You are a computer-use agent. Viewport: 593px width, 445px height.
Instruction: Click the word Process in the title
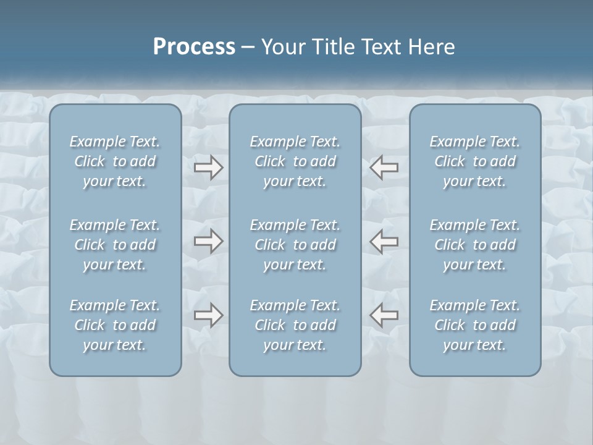pos(194,47)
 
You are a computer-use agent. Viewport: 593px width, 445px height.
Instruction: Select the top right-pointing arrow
pos(209,167)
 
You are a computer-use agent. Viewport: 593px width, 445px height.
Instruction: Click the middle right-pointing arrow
pos(209,241)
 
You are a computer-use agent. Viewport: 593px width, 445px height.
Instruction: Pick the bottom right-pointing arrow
pos(209,315)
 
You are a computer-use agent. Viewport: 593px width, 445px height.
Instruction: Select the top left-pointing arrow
pos(384,167)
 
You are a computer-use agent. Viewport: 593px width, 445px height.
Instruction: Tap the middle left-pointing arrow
pos(384,241)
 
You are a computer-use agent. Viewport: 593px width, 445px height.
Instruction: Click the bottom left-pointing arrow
pos(384,315)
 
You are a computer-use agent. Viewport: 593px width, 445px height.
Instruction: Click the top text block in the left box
pos(115,161)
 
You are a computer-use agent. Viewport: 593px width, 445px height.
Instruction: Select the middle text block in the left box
pos(115,245)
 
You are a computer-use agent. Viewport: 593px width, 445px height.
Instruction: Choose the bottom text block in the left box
pos(115,325)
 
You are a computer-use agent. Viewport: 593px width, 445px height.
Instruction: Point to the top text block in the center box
pos(295,161)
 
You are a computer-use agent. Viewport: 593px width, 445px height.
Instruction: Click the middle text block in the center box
pos(295,245)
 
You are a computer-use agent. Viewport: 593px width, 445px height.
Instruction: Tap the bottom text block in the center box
pos(295,325)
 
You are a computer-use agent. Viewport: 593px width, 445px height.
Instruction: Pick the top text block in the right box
pos(475,161)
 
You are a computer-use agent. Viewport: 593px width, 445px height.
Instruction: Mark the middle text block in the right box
pos(475,245)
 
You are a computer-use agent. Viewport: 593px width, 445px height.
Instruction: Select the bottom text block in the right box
pos(475,325)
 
